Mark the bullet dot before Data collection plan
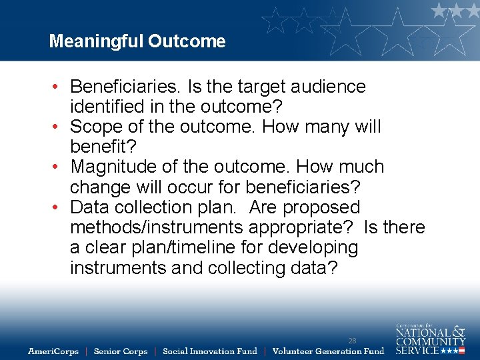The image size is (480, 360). point(59,208)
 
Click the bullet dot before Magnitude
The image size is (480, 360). point(59,167)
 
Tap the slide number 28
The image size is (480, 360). point(352,341)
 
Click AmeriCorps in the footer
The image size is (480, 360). point(53,351)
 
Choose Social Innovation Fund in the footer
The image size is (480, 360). point(209,351)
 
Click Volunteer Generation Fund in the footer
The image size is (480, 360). point(328,351)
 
